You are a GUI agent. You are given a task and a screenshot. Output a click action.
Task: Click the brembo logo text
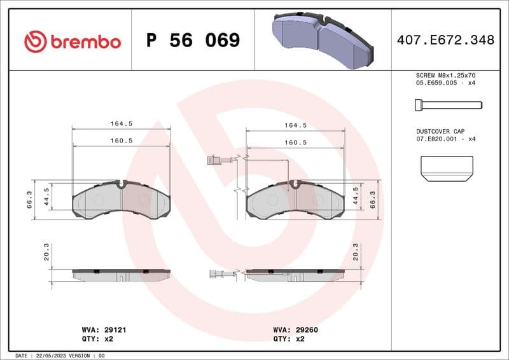(85, 42)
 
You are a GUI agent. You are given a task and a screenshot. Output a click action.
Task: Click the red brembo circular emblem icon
(36, 42)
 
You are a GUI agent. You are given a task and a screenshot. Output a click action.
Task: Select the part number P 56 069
(193, 41)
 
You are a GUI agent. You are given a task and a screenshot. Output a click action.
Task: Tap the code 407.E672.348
(445, 40)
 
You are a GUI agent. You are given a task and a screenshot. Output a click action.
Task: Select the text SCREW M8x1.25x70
(445, 75)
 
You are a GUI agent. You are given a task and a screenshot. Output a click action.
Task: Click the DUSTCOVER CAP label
(441, 130)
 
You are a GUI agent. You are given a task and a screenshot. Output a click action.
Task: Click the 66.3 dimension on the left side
(29, 199)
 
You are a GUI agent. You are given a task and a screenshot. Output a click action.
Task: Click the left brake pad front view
(121, 200)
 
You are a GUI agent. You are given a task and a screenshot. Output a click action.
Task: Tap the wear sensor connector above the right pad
(215, 160)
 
